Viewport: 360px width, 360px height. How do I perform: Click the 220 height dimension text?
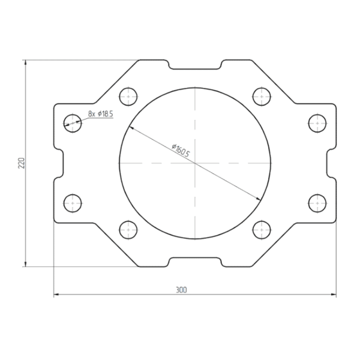(21, 163)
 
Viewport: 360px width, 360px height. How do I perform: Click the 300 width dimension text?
(181, 290)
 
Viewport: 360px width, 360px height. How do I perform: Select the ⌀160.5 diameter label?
(181, 151)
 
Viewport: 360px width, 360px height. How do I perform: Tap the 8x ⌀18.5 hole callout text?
(101, 113)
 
